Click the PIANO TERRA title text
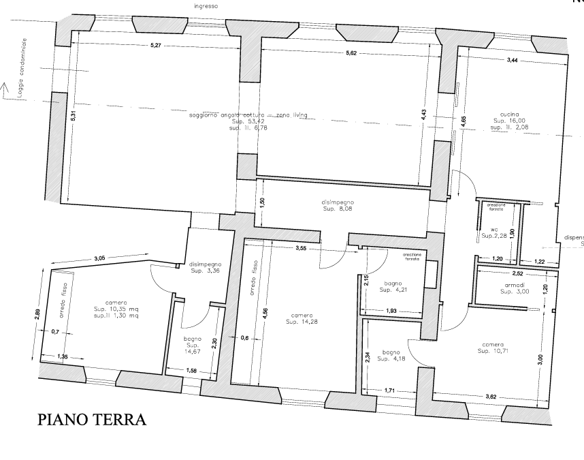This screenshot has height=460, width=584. click(x=91, y=418)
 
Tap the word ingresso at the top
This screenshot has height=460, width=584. click(x=206, y=6)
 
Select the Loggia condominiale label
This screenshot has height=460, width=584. click(x=21, y=69)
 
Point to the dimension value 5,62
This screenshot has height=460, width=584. click(x=351, y=52)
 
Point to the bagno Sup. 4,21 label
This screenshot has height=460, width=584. click(x=393, y=287)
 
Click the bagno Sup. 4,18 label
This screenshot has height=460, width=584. click(x=393, y=356)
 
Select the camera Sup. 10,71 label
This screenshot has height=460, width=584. click(x=493, y=348)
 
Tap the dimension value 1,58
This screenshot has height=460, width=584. click(x=192, y=370)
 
